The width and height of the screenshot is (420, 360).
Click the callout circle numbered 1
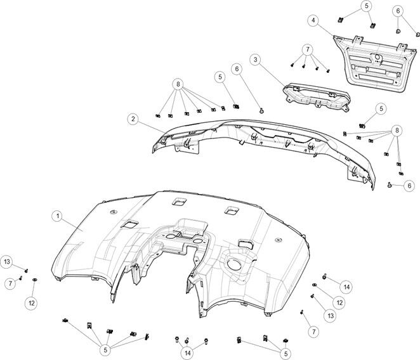[x=57, y=216]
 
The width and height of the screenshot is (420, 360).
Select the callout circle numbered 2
[x=133, y=119]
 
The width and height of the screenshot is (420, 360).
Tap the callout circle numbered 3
[x=254, y=60]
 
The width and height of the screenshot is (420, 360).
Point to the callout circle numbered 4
[x=313, y=21]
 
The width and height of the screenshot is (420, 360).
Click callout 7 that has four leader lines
[x=307, y=48]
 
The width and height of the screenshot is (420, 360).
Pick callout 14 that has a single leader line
[x=347, y=286]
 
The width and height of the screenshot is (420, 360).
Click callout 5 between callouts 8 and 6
[x=220, y=77]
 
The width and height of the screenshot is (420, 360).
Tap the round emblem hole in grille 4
[x=376, y=59]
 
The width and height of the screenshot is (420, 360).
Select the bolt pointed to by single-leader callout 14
[x=324, y=276]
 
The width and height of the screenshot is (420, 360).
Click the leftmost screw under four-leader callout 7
[x=291, y=65]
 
